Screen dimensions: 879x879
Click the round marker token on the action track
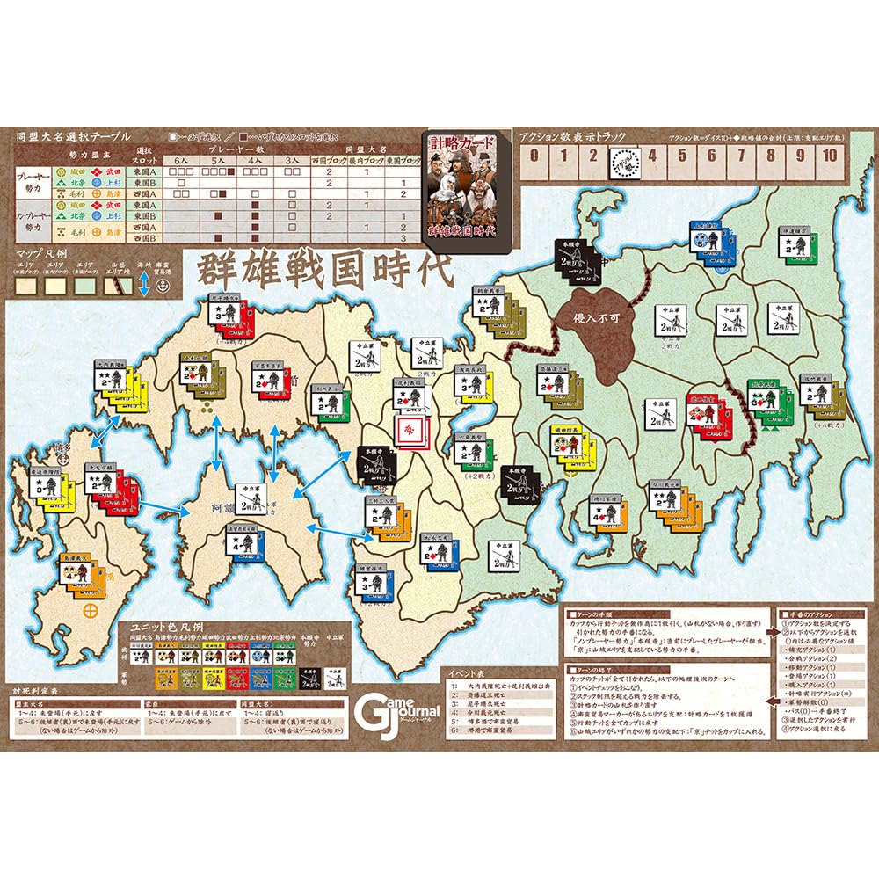point(622,162)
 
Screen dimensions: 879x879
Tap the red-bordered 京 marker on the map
point(410,430)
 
